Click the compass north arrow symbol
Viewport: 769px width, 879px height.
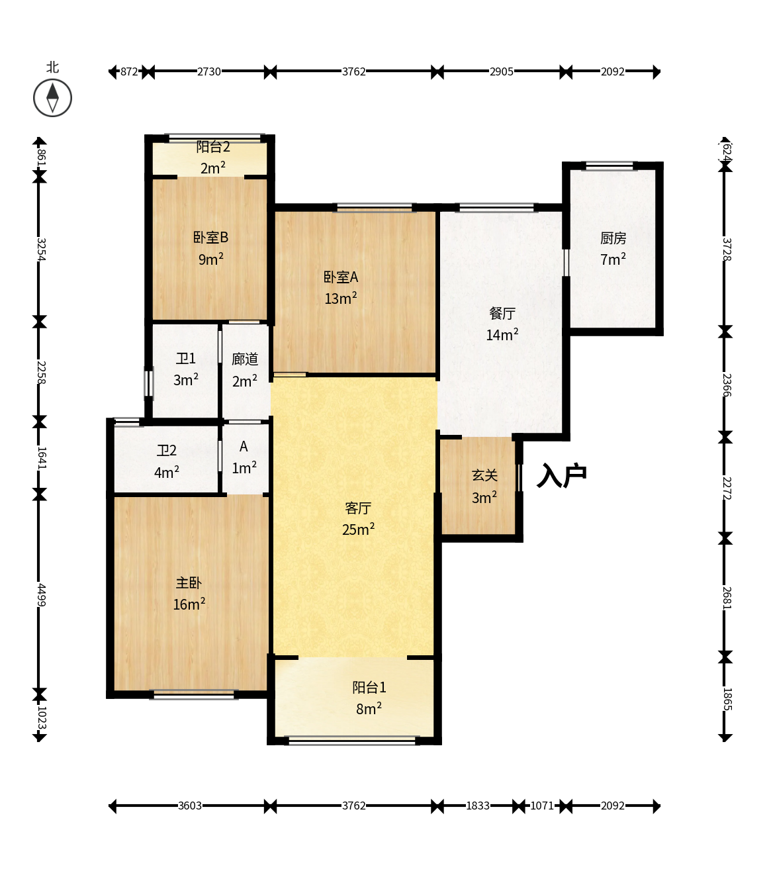coord(52,98)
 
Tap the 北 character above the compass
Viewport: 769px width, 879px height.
coord(52,68)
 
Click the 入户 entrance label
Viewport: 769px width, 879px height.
coord(561,475)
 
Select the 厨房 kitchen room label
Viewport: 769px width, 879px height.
coord(613,238)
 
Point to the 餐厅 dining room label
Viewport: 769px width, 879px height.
coord(502,313)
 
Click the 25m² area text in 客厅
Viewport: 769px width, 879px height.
coord(358,529)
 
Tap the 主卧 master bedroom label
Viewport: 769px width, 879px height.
coord(189,583)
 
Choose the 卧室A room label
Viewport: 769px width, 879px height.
coord(341,277)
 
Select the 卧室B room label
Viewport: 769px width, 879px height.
coord(210,237)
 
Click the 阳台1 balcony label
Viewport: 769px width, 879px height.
coord(369,688)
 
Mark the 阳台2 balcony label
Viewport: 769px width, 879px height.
coord(213,147)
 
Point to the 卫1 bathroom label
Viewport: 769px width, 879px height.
coord(185,358)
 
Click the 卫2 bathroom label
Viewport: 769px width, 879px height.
coord(167,450)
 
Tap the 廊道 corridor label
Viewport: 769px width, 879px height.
coord(245,359)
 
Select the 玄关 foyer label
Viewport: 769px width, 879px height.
coord(484,476)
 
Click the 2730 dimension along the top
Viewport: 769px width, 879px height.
coord(208,71)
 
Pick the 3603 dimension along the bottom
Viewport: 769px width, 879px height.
coord(190,806)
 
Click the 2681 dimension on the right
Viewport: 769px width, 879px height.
coord(727,598)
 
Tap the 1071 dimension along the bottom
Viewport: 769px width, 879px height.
coord(542,806)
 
